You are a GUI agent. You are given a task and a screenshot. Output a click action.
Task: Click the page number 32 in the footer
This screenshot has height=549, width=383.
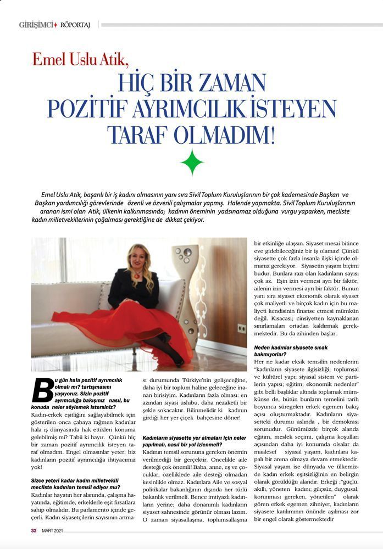click(34, 530)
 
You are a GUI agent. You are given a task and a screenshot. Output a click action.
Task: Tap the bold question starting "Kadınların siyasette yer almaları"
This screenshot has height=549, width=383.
click(194, 440)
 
